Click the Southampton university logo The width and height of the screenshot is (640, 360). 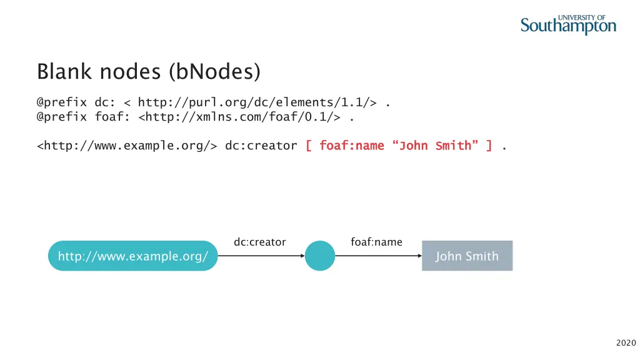(x=568, y=24)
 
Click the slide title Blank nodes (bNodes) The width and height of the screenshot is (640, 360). (x=149, y=71)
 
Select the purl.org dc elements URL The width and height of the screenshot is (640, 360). (x=256, y=102)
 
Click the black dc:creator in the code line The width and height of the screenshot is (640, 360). (x=261, y=146)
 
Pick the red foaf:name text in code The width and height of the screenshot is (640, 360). (x=351, y=146)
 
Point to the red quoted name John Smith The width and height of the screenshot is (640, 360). (x=435, y=146)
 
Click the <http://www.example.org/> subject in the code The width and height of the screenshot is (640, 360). (x=127, y=146)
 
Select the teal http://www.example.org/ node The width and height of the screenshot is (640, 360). (x=132, y=256)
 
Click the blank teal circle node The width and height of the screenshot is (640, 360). (x=320, y=256)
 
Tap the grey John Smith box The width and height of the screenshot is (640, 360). (x=467, y=256)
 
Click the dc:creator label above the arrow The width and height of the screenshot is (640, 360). (x=259, y=242)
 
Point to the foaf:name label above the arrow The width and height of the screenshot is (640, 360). (x=376, y=242)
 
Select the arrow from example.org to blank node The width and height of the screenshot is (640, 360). (x=261, y=256)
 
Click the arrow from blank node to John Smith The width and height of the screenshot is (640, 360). (x=378, y=256)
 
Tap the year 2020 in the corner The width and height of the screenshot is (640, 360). (x=626, y=342)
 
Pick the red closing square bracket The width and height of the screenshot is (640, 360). (x=489, y=146)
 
